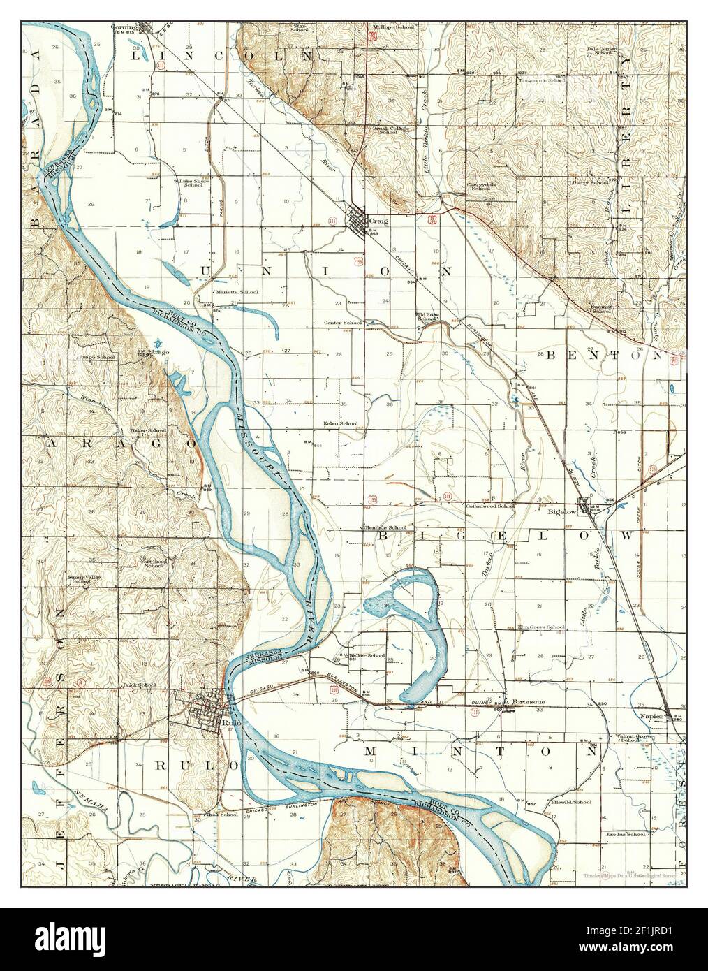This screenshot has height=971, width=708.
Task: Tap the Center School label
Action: coord(342,323)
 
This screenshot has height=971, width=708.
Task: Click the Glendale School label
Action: coord(383,527)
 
